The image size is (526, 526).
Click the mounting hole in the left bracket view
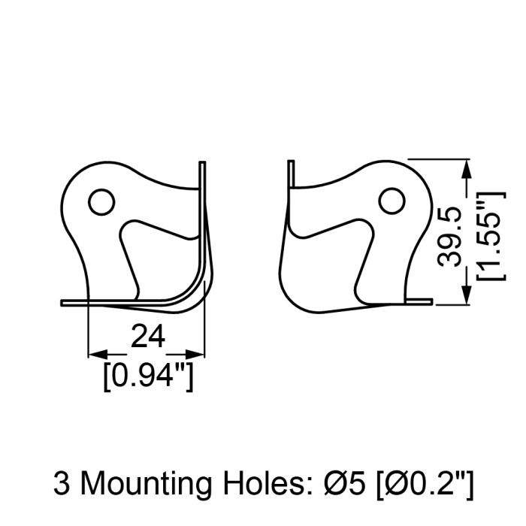click(x=101, y=202)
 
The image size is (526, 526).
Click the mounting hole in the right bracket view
click(x=391, y=201)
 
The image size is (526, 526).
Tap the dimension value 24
click(x=147, y=336)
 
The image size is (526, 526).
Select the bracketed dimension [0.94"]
click(x=148, y=376)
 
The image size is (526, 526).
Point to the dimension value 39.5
click(x=450, y=237)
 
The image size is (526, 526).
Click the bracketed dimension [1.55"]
click(x=491, y=236)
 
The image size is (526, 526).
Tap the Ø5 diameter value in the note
click(x=344, y=483)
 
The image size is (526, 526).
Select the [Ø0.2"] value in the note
click(x=425, y=485)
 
